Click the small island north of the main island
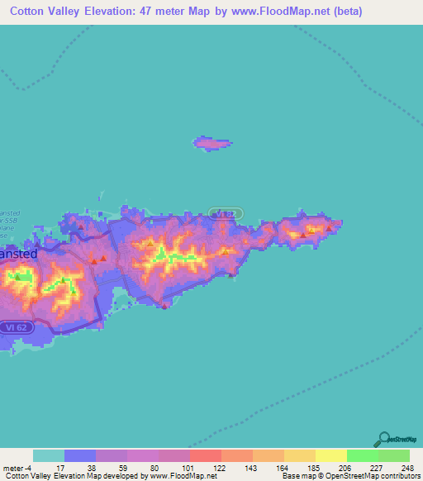click(212, 144)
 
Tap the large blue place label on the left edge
click(17, 255)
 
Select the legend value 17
click(60, 468)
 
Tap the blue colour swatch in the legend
click(80, 456)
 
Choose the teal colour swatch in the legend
click(49, 456)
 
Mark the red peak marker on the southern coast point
click(164, 306)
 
